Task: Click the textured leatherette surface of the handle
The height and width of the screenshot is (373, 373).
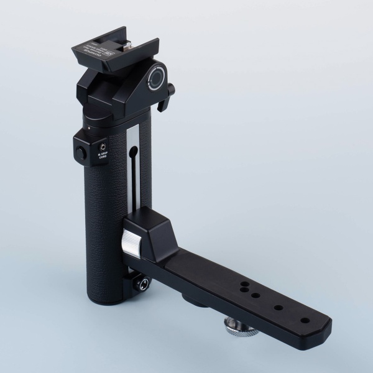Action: click(103, 224)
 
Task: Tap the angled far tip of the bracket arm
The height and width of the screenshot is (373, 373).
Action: click(323, 326)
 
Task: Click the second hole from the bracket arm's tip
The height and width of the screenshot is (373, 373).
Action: click(277, 307)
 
